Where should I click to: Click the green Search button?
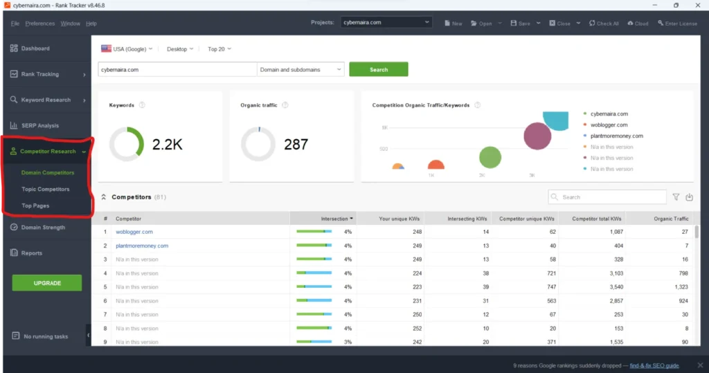point(378,70)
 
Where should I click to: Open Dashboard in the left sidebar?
point(35,48)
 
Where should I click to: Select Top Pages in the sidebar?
point(35,206)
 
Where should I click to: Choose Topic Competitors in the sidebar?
point(45,189)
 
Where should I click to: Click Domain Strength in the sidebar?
point(43,228)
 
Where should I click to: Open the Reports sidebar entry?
point(32,253)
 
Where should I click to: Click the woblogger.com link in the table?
point(134,232)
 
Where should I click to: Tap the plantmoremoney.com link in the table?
point(142,246)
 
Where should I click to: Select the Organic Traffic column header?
point(671,219)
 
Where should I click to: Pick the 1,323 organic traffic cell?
point(679,287)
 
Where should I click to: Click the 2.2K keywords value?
point(167,145)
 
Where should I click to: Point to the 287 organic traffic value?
point(296,145)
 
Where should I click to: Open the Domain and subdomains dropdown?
point(300,70)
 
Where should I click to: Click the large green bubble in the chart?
point(490,157)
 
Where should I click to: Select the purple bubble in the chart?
point(537,136)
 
